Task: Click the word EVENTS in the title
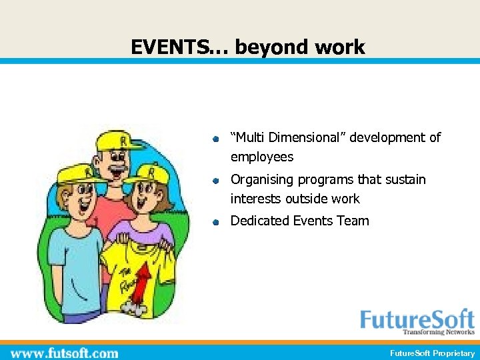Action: (x=164, y=47)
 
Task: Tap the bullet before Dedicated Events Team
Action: (x=216, y=223)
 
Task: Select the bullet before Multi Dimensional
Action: (x=216, y=139)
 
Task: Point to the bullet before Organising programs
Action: (x=216, y=181)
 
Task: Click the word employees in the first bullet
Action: (x=261, y=157)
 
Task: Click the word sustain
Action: (x=405, y=180)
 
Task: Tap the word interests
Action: (x=256, y=199)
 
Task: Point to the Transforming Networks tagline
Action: (x=438, y=332)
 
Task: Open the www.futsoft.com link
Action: (x=65, y=353)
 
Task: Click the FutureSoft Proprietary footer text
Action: (x=433, y=353)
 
